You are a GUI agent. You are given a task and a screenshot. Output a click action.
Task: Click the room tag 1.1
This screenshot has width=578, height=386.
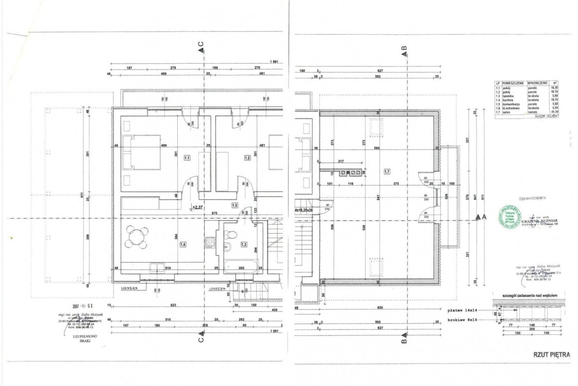coord(187,158)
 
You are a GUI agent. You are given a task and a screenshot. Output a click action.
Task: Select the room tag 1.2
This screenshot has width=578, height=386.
coord(248,158)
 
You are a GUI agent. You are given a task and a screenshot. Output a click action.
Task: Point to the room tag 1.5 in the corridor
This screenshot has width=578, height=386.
coord(235,205)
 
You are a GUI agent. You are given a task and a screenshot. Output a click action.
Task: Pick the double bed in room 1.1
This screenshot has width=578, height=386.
coord(141,152)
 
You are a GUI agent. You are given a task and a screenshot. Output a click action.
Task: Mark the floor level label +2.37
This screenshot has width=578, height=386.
coord(197,208)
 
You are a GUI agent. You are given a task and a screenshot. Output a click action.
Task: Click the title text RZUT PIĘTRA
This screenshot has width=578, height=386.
coord(551,355)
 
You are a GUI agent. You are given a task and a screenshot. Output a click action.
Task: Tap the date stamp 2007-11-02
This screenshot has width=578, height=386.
coord(82,306)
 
